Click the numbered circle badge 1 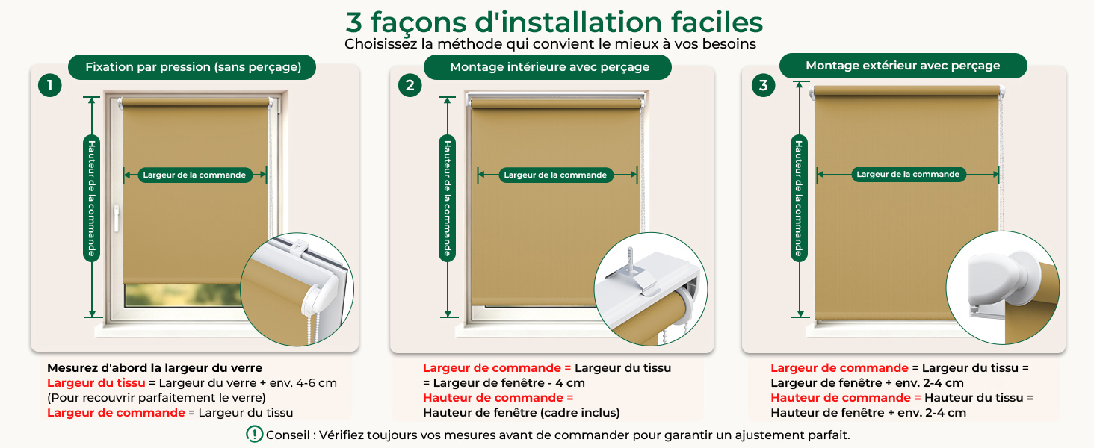coord(50,85)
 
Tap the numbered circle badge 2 coord(410,85)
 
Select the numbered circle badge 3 coord(764,85)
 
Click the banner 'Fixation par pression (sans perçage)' coord(193,67)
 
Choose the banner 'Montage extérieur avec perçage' coord(903,66)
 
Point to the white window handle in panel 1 coord(117,218)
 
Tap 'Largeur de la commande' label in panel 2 coord(555,175)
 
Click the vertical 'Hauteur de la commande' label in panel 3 coord(799,198)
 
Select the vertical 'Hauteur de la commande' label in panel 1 coord(92,198)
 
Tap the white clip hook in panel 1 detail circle coord(300,247)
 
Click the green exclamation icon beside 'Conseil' coord(255,434)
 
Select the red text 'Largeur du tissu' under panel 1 coord(96,382)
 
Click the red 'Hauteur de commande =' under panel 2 coord(498,398)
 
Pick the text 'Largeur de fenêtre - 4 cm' coord(509,382)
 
